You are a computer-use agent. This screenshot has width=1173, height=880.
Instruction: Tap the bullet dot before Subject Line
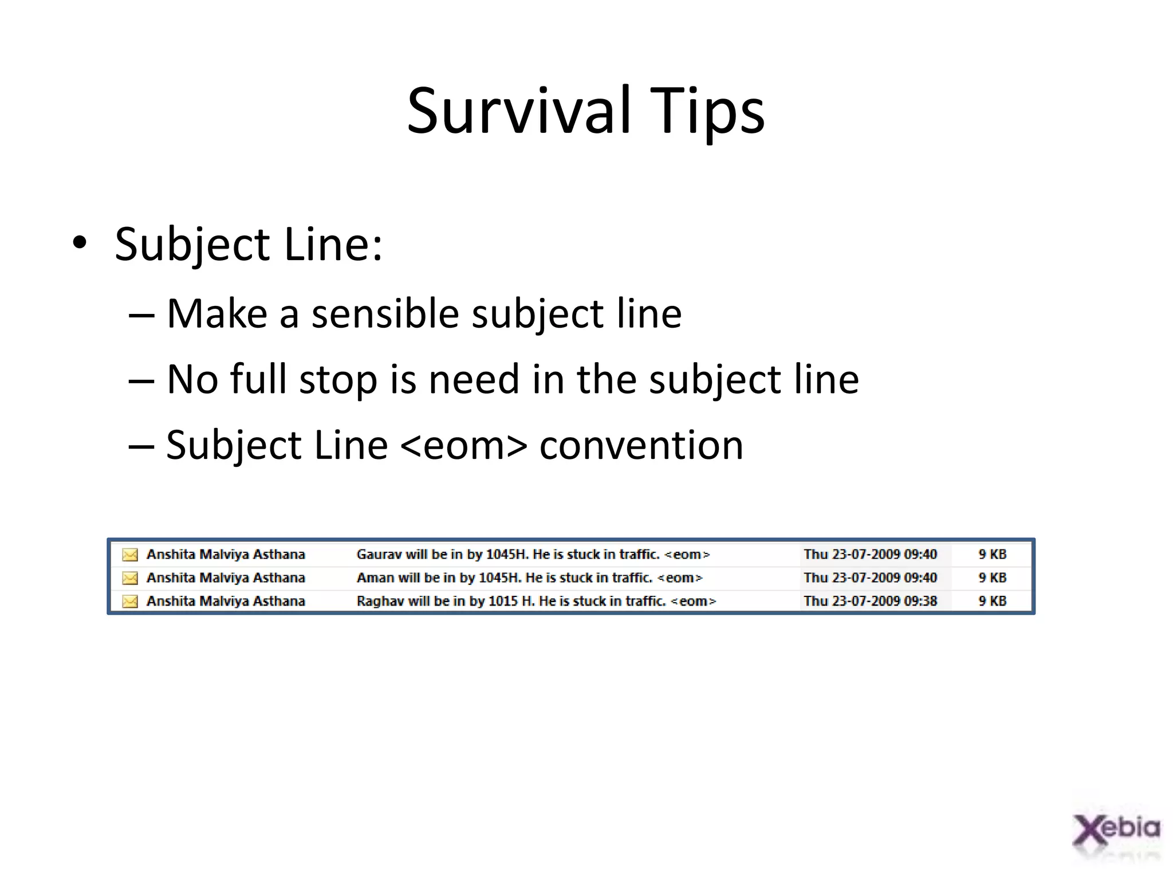[80, 243]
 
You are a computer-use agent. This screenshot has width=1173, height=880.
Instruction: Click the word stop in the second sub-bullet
[338, 379]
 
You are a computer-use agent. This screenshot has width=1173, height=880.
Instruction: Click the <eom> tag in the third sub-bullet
[463, 445]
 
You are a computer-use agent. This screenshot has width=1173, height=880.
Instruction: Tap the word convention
[641, 445]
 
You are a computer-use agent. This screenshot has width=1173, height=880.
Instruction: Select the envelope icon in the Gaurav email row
[130, 555]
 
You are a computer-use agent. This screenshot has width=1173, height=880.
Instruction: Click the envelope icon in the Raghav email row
[130, 601]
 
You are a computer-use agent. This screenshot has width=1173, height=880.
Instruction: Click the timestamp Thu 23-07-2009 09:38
[870, 601]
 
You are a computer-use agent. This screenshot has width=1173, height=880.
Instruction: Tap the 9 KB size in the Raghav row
[992, 601]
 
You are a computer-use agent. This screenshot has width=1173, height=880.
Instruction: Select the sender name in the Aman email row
[226, 577]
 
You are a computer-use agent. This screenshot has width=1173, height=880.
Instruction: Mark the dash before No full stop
[141, 380]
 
